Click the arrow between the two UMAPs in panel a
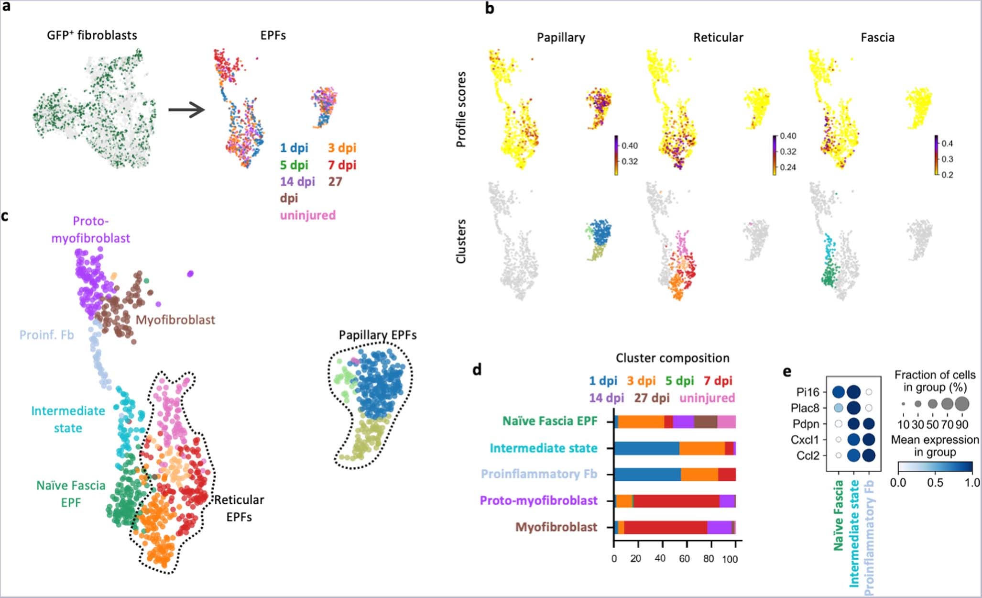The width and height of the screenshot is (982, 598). coord(186,110)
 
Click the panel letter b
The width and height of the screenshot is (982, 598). coord(490,8)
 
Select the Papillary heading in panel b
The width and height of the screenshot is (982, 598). coord(561,37)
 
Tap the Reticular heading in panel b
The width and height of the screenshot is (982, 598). coord(718,37)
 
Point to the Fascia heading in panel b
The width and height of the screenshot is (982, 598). coord(877,37)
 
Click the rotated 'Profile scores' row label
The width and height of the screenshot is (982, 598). coord(461,109)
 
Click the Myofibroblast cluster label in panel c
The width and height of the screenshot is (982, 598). coord(175,320)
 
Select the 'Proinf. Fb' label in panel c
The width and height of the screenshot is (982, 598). coord(46,334)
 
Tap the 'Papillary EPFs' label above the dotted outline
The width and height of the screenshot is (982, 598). coord(378,335)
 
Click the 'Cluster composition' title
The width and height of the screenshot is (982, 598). coord(672,358)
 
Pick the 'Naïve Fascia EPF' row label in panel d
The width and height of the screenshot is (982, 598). coord(550,421)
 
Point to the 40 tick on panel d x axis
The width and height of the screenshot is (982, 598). coord(660,558)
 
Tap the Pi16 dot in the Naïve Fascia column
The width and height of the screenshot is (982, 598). coord(839,392)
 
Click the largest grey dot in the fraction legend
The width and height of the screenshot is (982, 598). coord(962,404)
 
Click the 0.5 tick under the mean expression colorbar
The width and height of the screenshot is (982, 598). coord(935,482)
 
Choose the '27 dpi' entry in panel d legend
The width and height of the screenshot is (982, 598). coord(652,398)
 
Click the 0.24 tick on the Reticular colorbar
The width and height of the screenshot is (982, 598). coord(787,167)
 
